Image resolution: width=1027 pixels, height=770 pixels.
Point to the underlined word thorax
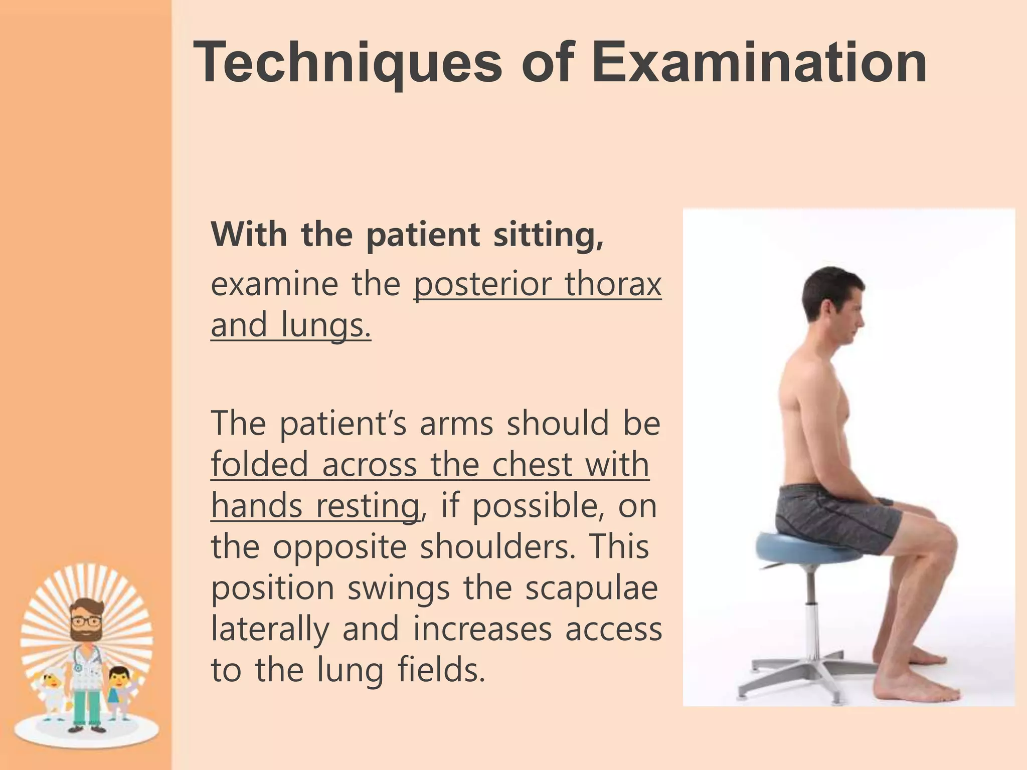[613, 285]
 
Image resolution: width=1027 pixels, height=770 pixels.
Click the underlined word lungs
[326, 326]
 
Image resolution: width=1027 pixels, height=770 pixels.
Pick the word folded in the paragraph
[259, 464]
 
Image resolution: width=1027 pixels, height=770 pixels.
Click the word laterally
[269, 629]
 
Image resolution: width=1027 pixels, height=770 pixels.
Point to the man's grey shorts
[832, 516]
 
